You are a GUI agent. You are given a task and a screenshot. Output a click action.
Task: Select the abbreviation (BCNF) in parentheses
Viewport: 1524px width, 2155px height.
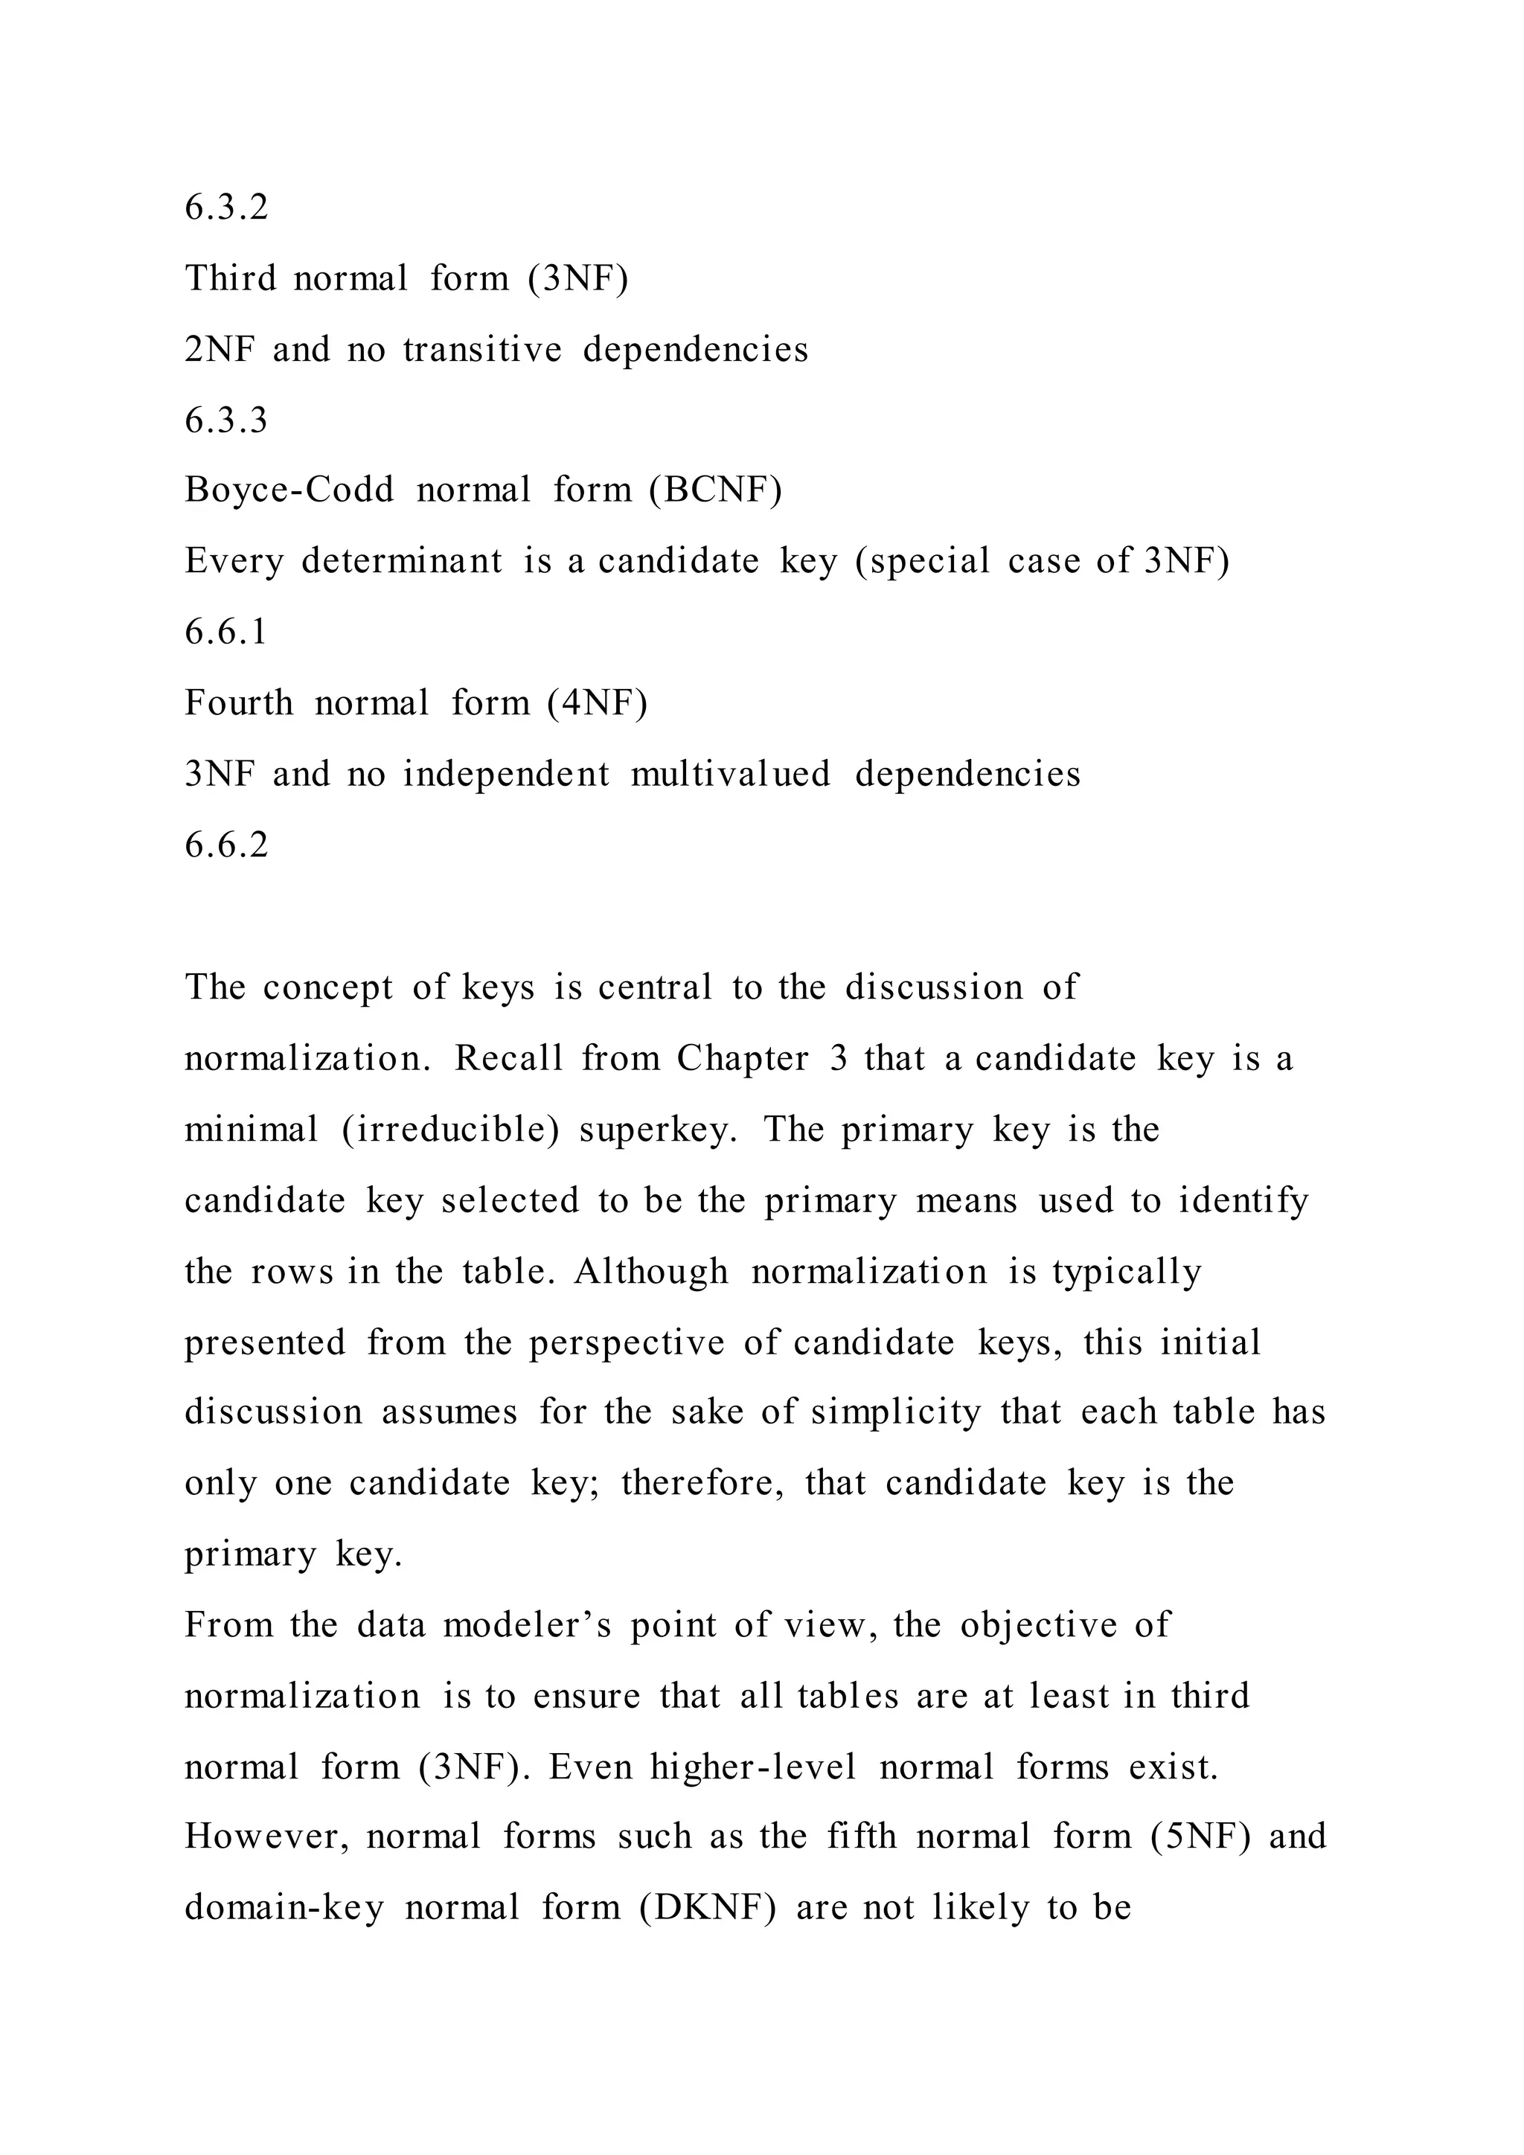pos(715,490)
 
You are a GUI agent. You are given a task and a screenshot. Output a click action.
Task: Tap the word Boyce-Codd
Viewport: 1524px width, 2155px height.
pos(289,490)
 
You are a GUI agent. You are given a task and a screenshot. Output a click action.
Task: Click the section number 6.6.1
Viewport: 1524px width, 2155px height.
pos(226,632)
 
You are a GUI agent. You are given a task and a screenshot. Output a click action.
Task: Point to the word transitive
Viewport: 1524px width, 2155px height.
pos(482,349)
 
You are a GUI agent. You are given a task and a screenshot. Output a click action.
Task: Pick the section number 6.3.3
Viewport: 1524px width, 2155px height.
pos(226,420)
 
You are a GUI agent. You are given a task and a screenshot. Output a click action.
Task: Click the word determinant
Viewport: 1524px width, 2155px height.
pos(402,561)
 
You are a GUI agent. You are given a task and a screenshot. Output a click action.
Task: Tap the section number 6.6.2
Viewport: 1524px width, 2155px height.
pos(226,845)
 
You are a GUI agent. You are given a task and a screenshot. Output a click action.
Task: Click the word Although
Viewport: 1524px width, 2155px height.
pos(651,1271)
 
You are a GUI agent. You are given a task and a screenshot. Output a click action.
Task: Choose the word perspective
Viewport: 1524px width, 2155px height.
pos(627,1343)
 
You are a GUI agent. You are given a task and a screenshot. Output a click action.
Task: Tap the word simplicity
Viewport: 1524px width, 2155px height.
pos(895,1412)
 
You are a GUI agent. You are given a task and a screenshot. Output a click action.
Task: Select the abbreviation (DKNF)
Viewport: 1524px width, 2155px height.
pos(708,1908)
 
